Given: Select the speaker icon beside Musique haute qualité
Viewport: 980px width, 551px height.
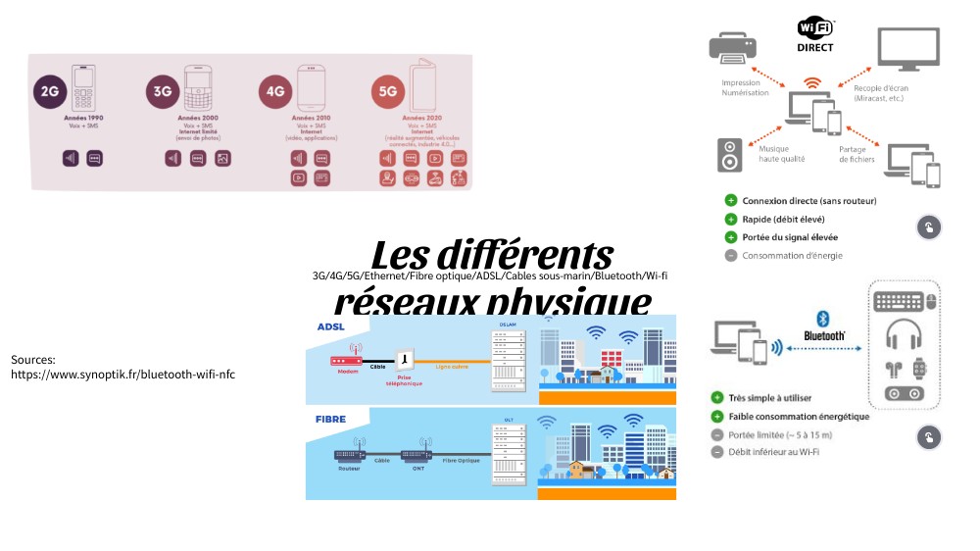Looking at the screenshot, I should pos(730,155).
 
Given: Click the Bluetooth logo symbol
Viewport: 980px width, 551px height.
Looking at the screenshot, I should pos(823,318).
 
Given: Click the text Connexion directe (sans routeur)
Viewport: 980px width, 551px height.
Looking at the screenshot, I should pos(808,201).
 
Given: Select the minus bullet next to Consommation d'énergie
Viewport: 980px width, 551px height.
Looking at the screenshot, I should pos(730,256).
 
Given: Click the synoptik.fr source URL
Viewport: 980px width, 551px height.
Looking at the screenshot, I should pos(122,374).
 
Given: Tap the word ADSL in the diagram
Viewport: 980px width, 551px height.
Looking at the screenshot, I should pos(330,326).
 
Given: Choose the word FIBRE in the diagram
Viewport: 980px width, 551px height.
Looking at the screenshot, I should pos(330,419).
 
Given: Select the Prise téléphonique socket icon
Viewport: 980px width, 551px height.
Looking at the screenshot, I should pos(403,360).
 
